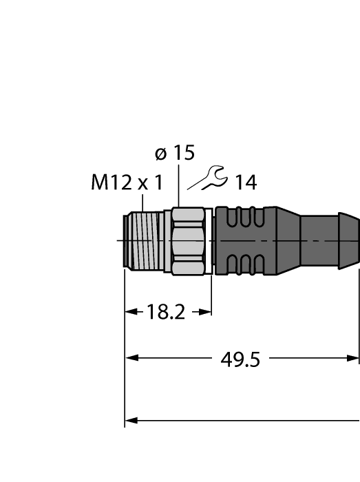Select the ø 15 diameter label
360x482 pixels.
[x=175, y=153]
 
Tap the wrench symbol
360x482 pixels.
[x=209, y=179]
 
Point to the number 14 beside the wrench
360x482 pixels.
[x=245, y=183]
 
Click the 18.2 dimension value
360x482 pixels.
[x=167, y=313]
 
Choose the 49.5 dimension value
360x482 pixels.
[x=241, y=359]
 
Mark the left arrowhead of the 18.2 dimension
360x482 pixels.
[x=129, y=312]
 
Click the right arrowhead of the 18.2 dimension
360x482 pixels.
[x=206, y=312]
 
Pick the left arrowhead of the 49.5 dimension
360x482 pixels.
[x=130, y=358]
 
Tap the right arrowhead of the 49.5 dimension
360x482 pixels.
[x=354, y=358]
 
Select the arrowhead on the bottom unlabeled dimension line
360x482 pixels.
[x=130, y=419]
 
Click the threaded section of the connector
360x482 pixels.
[x=147, y=240]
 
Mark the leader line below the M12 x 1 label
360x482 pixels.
[x=142, y=201]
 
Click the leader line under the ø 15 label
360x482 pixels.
[x=179, y=186]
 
